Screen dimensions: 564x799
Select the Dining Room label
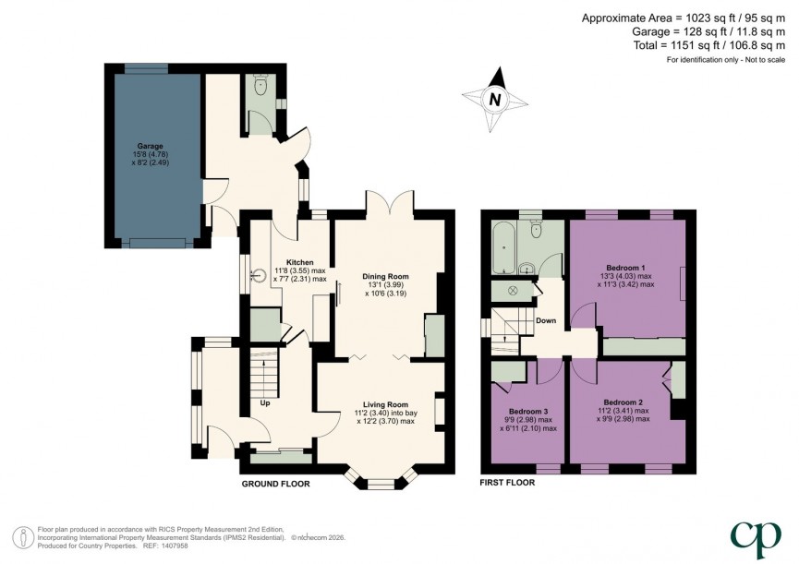pos(386,276)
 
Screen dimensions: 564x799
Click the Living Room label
pos(385,403)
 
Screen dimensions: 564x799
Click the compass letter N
pos(496,99)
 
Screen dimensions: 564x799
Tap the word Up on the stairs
pos(264,402)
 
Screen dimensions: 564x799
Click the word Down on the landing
pos(545,321)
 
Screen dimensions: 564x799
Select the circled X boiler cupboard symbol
pos(507,291)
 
